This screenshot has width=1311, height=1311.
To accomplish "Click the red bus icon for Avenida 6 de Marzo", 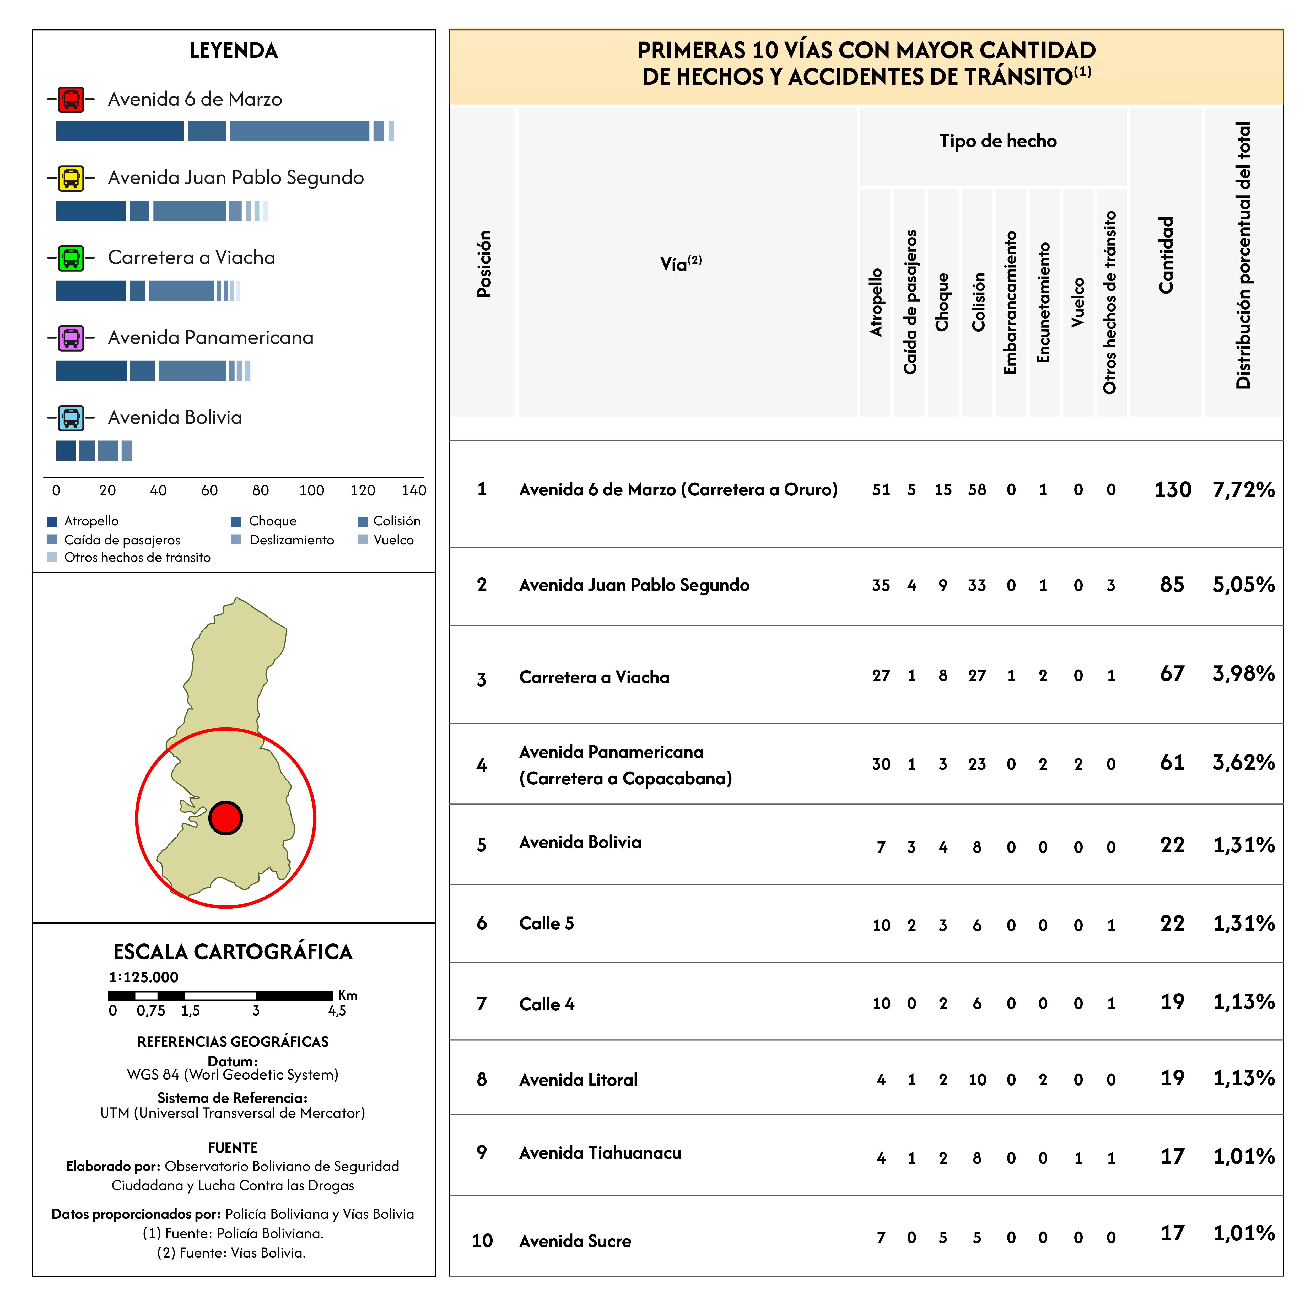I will point(71,99).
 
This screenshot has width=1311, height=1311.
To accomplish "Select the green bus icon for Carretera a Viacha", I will point(71,258).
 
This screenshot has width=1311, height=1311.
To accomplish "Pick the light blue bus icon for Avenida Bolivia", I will point(71,418).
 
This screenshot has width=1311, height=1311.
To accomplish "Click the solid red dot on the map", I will point(225,818).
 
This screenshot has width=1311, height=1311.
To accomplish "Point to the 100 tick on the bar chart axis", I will point(311,490).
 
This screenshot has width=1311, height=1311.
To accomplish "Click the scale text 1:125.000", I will point(144,977).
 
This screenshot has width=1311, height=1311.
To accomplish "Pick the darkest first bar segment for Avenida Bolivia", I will point(66,451).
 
